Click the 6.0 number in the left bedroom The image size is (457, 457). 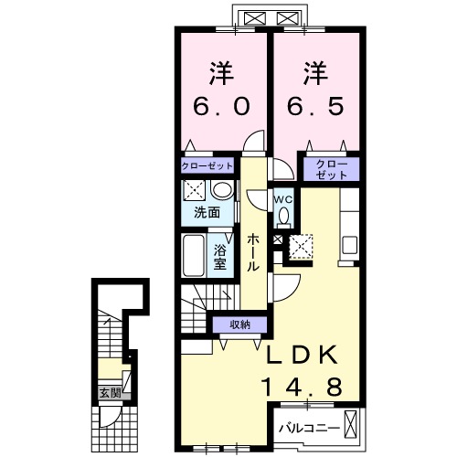221,106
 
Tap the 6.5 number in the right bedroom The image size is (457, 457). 315,106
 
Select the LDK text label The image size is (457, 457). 302,355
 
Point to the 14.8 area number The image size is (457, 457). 302,387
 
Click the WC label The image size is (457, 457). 283,200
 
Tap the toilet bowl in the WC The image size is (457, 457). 284,216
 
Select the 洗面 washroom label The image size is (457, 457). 207,213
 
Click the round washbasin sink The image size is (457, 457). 223,190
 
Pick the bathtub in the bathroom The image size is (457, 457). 193,255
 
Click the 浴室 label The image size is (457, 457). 220,258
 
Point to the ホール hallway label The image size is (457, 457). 253,252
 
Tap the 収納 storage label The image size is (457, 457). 239,324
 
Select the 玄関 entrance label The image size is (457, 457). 110,393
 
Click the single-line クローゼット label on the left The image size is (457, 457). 207,166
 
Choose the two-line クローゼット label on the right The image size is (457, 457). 332,169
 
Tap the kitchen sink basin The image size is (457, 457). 350,245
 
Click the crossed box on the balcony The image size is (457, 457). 350,424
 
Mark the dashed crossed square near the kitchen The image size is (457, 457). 301,247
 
